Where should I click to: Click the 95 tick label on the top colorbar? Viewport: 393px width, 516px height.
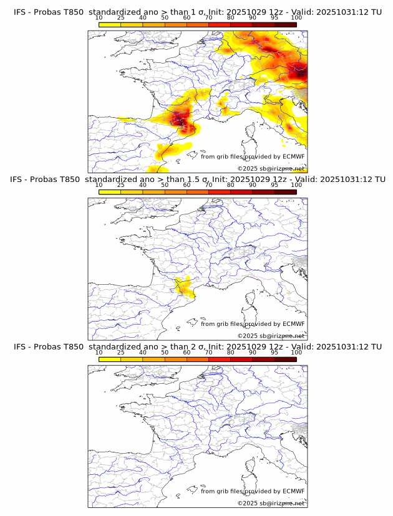(274, 17)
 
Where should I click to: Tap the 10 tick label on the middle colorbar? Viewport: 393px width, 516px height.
(99, 184)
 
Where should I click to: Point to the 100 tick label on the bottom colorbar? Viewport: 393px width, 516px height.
(296, 352)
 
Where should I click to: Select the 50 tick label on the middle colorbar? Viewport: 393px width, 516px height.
(165, 184)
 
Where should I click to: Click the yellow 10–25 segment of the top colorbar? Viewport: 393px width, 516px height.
(110, 24)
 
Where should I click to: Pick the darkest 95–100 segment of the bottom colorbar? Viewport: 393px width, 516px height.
(286, 360)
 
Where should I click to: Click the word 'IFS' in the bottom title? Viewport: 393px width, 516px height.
(20, 346)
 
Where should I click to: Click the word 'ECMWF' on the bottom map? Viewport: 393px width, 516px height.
(293, 491)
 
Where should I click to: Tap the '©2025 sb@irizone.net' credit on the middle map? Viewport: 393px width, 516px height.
(271, 336)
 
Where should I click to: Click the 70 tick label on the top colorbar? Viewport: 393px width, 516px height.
(208, 17)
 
